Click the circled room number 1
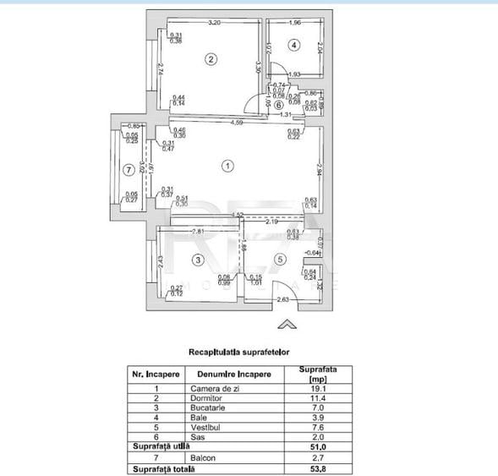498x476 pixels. click(227, 166)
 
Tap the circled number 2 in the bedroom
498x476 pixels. click(211, 58)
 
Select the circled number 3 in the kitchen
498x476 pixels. click(197, 260)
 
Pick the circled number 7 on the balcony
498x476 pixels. click(128, 170)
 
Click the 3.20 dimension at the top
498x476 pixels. click(215, 23)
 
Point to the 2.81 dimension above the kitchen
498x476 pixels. click(197, 231)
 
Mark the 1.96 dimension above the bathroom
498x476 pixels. click(294, 23)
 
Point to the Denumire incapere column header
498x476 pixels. click(233, 373)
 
